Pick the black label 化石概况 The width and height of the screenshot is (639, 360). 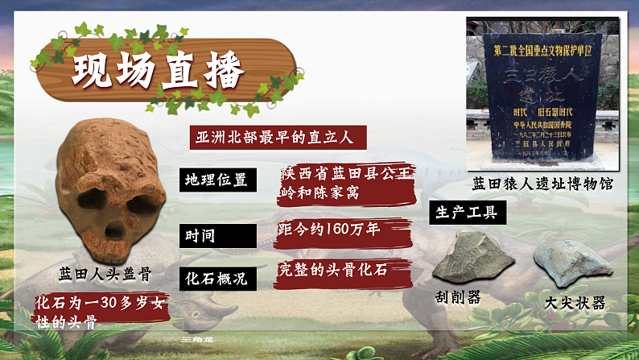pyautogui.click(x=216, y=278)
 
